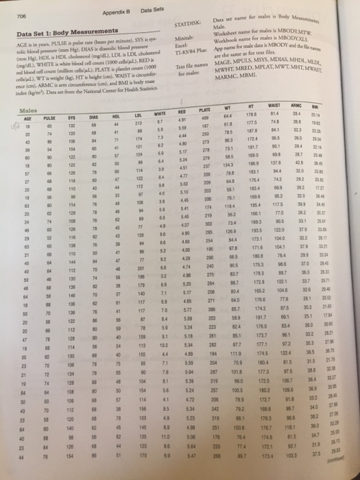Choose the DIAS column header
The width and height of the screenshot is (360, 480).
(x=98, y=120)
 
